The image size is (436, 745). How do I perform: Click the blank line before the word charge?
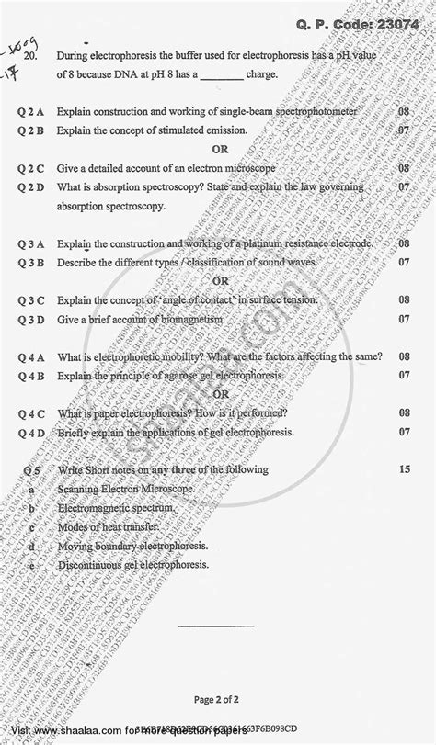point(214,77)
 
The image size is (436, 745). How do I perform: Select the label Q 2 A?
point(31,111)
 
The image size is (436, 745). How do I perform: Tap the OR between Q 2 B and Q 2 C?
point(218,150)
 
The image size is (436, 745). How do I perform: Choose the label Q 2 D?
point(31,187)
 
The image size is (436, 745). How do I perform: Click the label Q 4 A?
point(31,356)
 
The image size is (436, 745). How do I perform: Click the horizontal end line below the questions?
point(212,602)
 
